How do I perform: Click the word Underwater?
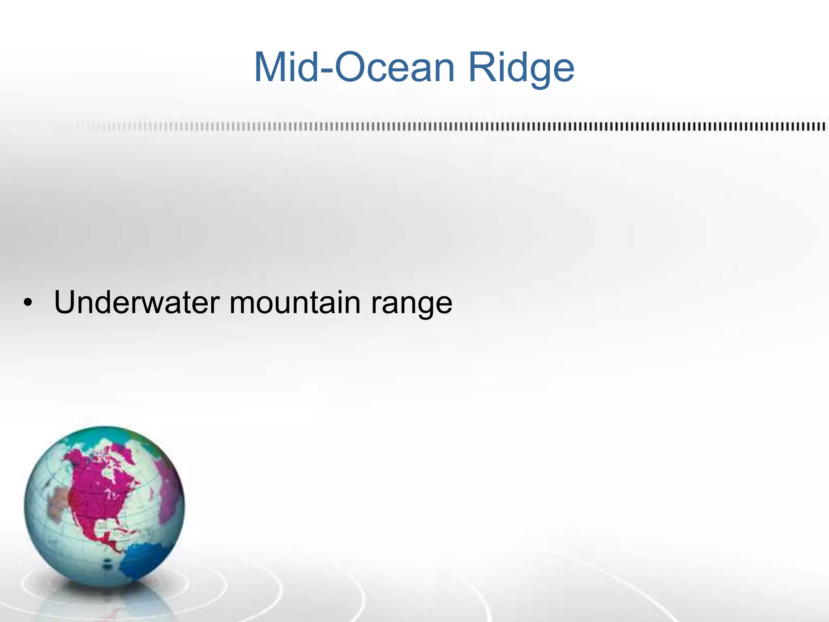(x=137, y=302)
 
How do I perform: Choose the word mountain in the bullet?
(x=295, y=302)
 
